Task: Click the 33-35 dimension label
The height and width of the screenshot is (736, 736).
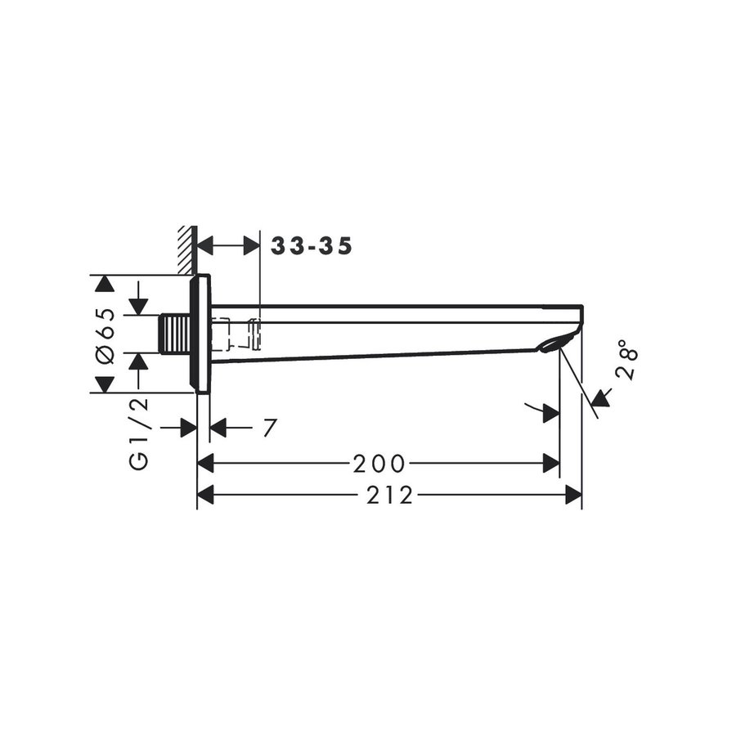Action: tap(312, 246)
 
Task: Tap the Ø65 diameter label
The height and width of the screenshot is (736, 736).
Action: tap(104, 333)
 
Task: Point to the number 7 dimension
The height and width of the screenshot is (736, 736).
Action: tap(270, 428)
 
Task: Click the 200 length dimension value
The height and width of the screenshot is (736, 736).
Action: tap(379, 464)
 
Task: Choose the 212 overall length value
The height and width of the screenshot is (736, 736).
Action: tap(389, 496)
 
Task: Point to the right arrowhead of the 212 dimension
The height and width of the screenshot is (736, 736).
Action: tap(573, 495)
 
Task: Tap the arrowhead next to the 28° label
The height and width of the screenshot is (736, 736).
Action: tap(601, 398)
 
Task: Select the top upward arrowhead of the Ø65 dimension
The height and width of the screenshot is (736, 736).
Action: tap(103, 284)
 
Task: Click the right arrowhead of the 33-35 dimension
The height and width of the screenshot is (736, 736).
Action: tap(251, 245)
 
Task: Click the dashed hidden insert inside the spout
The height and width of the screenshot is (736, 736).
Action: tap(236, 331)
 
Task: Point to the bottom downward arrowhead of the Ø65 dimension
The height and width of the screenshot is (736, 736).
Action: tap(103, 384)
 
